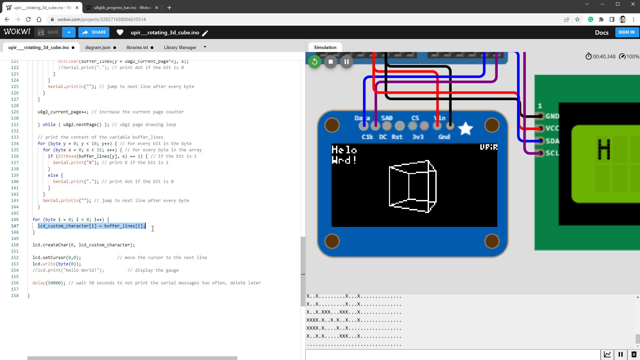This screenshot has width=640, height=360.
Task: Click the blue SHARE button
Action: (94, 32)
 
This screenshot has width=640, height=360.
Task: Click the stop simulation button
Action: (330, 62)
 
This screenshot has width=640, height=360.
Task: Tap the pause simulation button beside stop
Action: (346, 62)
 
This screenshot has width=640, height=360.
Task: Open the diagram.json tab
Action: (98, 47)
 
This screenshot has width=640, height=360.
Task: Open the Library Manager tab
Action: (180, 47)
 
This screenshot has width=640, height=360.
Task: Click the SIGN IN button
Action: (626, 32)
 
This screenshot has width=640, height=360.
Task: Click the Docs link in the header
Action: (602, 32)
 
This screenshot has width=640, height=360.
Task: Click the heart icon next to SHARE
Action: (120, 32)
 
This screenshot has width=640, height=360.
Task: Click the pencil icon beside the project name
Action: (205, 33)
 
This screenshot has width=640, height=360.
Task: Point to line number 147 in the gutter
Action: (15, 226)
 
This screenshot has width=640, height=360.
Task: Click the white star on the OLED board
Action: (465, 129)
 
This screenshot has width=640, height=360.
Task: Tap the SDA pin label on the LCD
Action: (552, 141)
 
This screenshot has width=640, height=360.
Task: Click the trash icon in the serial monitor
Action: (634, 354)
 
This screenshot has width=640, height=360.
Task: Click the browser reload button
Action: (28, 19)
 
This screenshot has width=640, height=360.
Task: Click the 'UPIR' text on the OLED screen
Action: (488, 147)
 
